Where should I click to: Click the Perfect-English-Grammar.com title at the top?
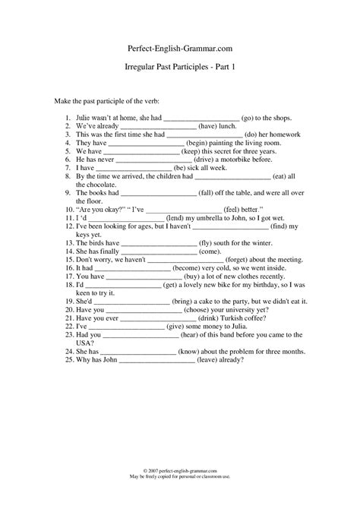pos(180,47)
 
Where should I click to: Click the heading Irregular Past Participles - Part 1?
pos(180,67)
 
